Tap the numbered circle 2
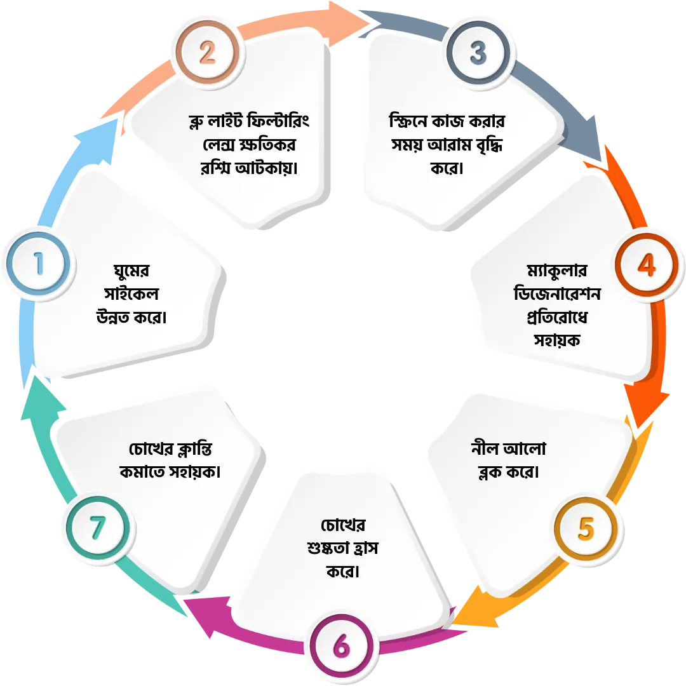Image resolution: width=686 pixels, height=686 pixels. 208,54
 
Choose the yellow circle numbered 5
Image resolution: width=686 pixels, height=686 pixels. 586,528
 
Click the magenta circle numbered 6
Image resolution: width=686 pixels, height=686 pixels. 341,647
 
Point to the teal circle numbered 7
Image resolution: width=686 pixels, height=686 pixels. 97,527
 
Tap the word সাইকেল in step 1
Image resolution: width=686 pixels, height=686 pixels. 133,295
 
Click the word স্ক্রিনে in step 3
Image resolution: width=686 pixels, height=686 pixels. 410,121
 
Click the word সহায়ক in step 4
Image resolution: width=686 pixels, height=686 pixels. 558,340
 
